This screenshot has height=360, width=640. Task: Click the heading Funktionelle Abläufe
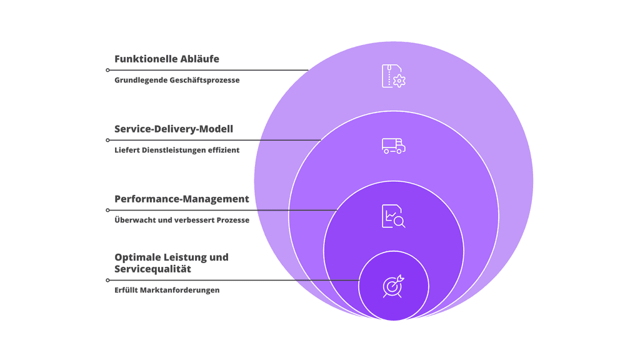[x=166, y=59]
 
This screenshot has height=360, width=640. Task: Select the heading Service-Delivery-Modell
[x=174, y=129]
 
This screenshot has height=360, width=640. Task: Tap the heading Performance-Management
[x=181, y=199]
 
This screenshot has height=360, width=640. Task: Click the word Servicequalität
[x=152, y=269]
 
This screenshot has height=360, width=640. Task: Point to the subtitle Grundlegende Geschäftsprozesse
[x=177, y=80]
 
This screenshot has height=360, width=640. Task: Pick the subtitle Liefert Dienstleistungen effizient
[x=177, y=150]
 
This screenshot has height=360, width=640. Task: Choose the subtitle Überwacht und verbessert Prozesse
[x=182, y=220]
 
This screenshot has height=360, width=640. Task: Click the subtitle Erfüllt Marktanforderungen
[x=167, y=290]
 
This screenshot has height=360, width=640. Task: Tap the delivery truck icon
[x=394, y=146]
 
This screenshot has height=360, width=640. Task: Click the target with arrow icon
[x=394, y=286]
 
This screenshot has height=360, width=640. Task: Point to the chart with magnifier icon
[x=394, y=216]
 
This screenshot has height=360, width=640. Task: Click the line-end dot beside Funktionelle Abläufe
[x=108, y=70]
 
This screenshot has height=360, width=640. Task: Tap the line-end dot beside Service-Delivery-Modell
[x=108, y=140]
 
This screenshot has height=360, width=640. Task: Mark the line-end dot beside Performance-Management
[x=108, y=210]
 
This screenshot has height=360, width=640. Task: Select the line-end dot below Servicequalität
[x=108, y=280]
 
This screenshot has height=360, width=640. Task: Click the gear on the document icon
[x=399, y=81]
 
